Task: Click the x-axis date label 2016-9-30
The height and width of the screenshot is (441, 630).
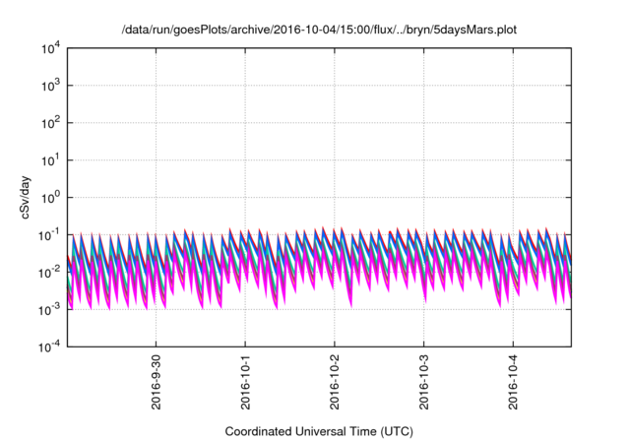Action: pyautogui.click(x=156, y=382)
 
